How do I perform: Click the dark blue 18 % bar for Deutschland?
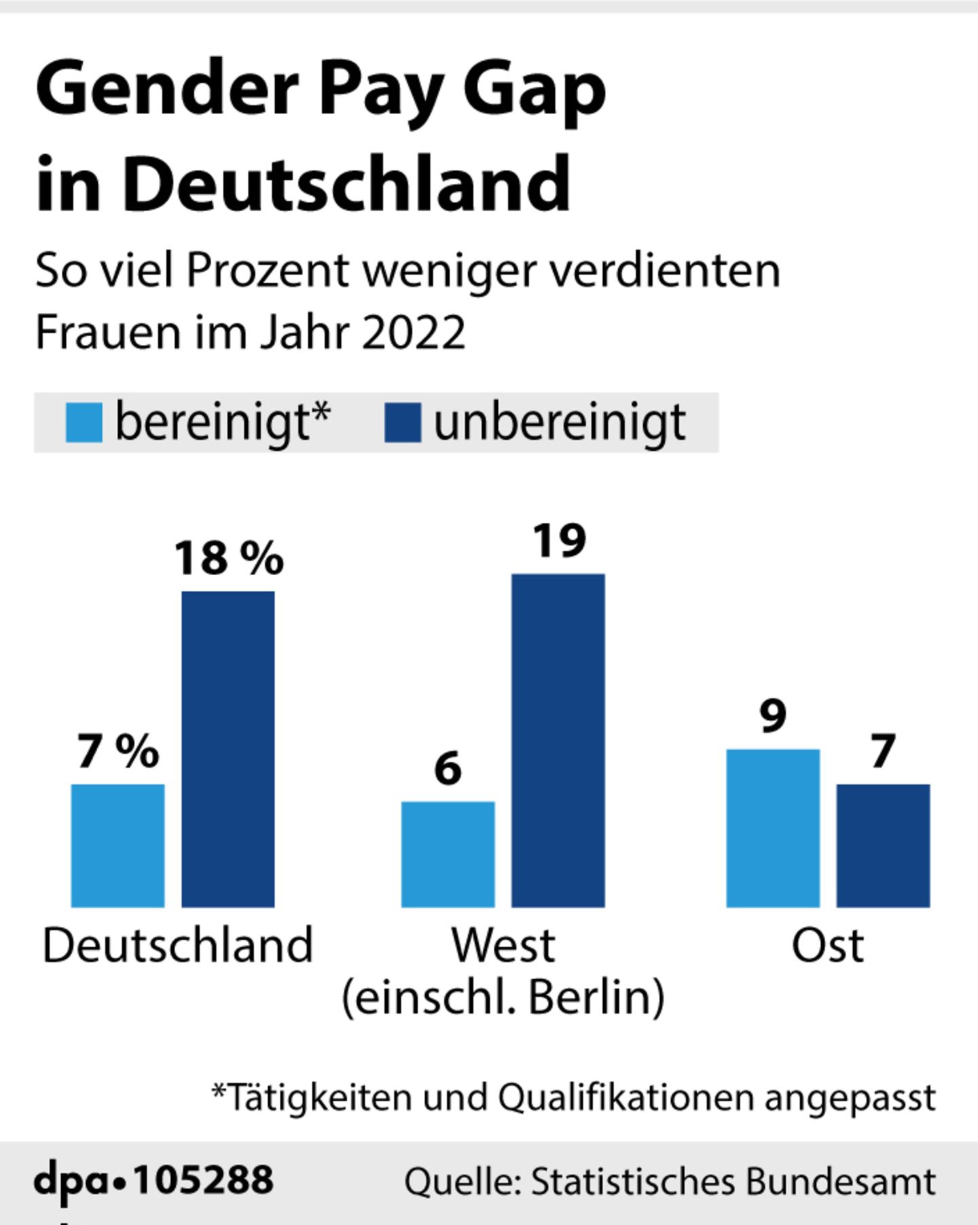pyautogui.click(x=228, y=748)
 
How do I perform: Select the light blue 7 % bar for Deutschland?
pyautogui.click(x=117, y=845)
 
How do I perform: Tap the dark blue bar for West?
pyautogui.click(x=558, y=740)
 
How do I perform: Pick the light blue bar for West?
pyautogui.click(x=448, y=854)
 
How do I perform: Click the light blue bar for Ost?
pyautogui.click(x=773, y=828)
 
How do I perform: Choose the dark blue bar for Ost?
pyautogui.click(x=883, y=845)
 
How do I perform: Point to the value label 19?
pyautogui.click(x=559, y=541)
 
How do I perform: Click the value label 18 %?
pyautogui.click(x=229, y=558)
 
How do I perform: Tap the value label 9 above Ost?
pyautogui.click(x=773, y=716)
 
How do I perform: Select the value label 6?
pyautogui.click(x=448, y=769)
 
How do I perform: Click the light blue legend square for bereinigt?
pyautogui.click(x=84, y=422)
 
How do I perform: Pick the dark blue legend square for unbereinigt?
pyautogui.click(x=402, y=422)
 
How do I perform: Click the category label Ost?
pyautogui.click(x=827, y=945)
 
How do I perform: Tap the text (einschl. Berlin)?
pyautogui.click(x=503, y=998)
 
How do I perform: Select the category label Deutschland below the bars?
pyautogui.click(x=177, y=945)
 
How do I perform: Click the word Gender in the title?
pyautogui.click(x=167, y=89)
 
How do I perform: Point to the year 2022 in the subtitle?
pyautogui.click(x=414, y=332)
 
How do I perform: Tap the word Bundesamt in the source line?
pyautogui.click(x=841, y=1182)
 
